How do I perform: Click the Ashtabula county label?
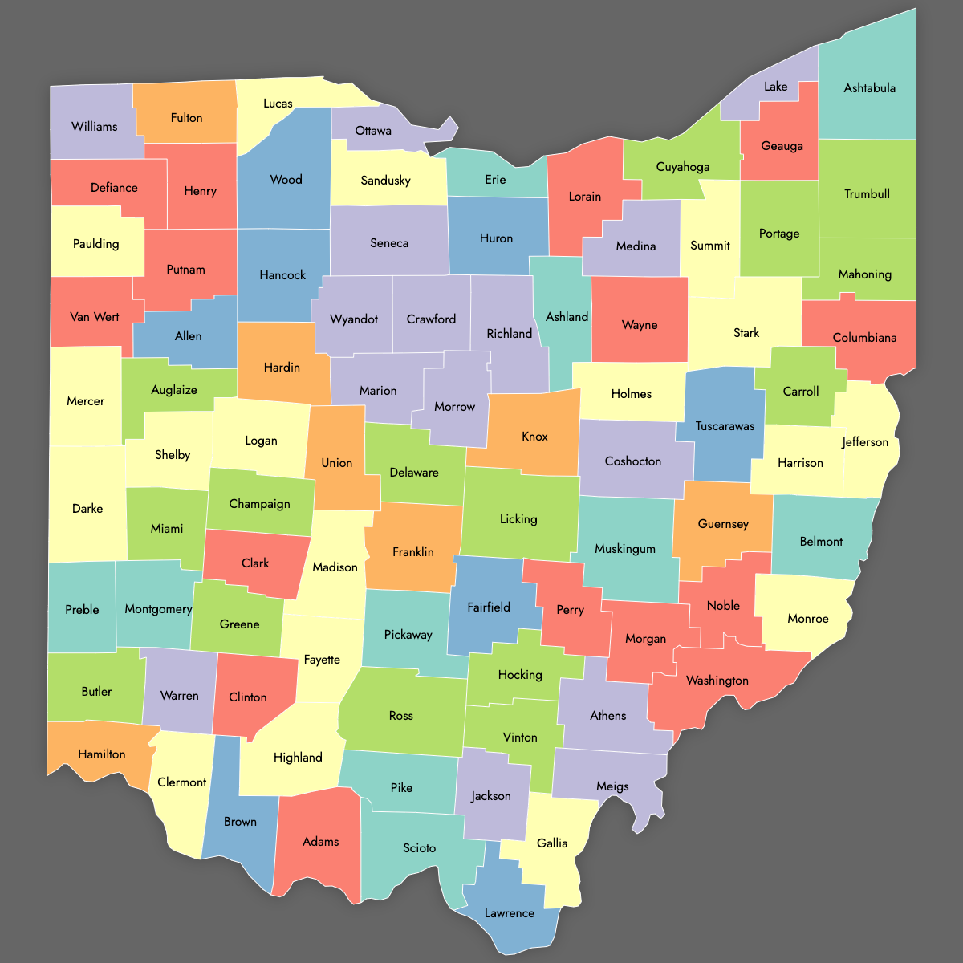pos(869,88)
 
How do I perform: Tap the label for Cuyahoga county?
pos(683,167)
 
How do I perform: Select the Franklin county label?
pos(413,552)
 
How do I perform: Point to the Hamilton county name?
pos(102,754)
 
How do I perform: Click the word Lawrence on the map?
pos(510,913)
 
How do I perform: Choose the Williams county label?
pos(94,127)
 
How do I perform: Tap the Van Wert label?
pos(95,317)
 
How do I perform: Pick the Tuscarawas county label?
pos(725,426)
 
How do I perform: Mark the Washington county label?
pos(717,681)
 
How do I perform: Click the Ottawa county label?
pos(373,131)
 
